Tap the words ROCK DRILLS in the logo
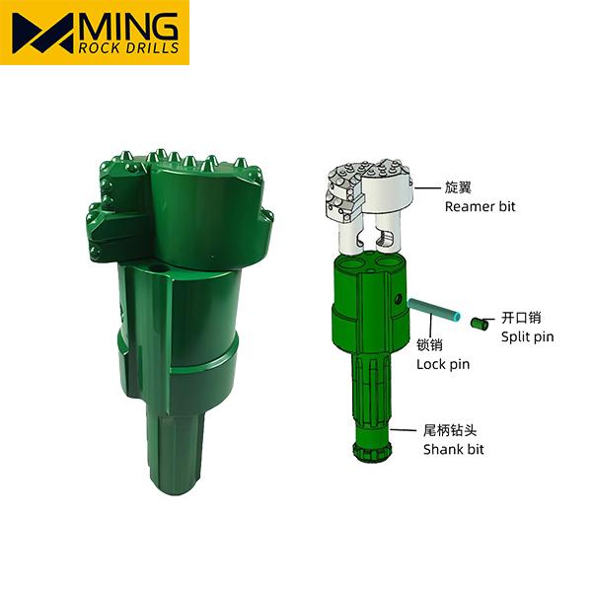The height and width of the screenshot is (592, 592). point(128,48)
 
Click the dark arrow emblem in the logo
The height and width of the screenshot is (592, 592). point(42,34)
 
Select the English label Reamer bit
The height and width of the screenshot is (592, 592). point(480,206)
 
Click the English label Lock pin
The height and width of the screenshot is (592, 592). point(443,364)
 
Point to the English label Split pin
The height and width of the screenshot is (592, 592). point(528,336)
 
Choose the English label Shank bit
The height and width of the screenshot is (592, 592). point(454,449)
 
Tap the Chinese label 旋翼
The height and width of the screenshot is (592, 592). point(458,187)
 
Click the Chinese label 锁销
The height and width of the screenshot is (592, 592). point(429,344)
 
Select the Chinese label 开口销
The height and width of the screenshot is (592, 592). point(521,318)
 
